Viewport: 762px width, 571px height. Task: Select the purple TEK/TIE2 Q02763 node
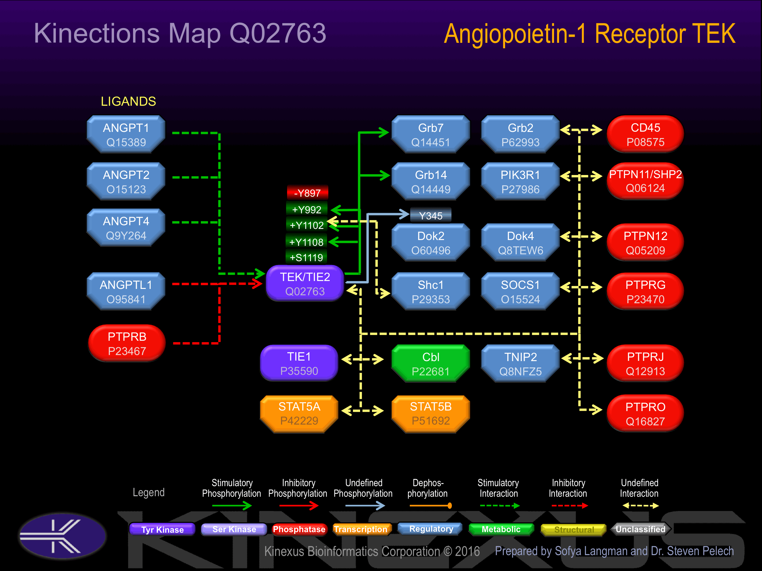[305, 284]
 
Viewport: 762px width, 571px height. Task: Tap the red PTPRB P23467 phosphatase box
[127, 343]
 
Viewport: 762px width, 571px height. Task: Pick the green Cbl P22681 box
[430, 364]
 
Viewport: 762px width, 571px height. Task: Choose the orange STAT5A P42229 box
[299, 413]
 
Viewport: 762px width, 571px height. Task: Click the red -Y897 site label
[307, 193]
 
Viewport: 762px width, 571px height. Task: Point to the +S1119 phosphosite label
[306, 257]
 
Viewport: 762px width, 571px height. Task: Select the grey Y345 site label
[430, 216]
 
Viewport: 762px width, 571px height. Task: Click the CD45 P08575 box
[645, 135]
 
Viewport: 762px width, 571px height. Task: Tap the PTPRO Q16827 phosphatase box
[645, 414]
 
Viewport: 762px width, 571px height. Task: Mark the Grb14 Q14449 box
[430, 182]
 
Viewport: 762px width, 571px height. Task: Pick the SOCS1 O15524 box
[520, 292]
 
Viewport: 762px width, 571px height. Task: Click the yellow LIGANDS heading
[128, 102]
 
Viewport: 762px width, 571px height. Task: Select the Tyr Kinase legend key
[162, 529]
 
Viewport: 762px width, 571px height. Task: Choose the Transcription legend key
[361, 529]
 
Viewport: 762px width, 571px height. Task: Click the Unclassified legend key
[640, 529]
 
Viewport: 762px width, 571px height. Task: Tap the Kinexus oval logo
[63, 536]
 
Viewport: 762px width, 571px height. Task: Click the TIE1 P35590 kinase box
[299, 363]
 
